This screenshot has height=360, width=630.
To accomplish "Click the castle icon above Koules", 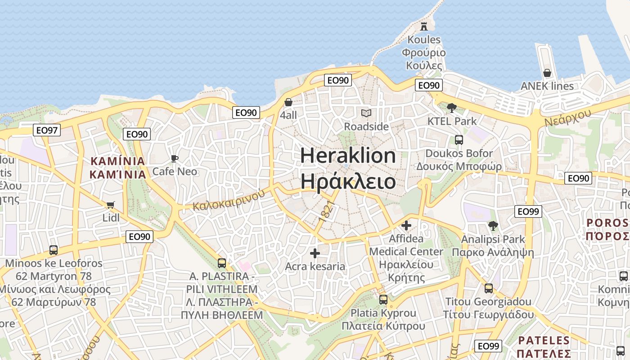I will (423, 26).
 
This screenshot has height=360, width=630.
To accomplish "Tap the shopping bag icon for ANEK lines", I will (547, 73).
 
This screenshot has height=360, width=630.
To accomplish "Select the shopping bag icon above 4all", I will (288, 103).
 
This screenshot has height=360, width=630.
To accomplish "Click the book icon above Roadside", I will (366, 113).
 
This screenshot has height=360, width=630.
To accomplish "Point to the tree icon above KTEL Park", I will (452, 108).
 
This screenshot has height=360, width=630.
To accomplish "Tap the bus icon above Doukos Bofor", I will (459, 140).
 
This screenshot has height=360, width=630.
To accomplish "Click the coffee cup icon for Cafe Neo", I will (175, 158).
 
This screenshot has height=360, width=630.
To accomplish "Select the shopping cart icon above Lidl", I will (111, 205).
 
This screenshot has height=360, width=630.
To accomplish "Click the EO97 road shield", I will (47, 130).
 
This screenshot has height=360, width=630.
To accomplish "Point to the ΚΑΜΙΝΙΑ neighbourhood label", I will (118, 167).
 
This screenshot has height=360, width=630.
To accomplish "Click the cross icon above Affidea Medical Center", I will (406, 225).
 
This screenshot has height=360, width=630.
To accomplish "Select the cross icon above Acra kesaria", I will (315, 253).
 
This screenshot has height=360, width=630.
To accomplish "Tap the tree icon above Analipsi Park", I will (493, 226).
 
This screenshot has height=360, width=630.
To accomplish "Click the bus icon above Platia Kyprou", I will (383, 299).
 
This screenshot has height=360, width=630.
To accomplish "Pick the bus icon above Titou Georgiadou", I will (489, 288).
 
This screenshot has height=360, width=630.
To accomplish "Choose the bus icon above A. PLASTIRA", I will (222, 263).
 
